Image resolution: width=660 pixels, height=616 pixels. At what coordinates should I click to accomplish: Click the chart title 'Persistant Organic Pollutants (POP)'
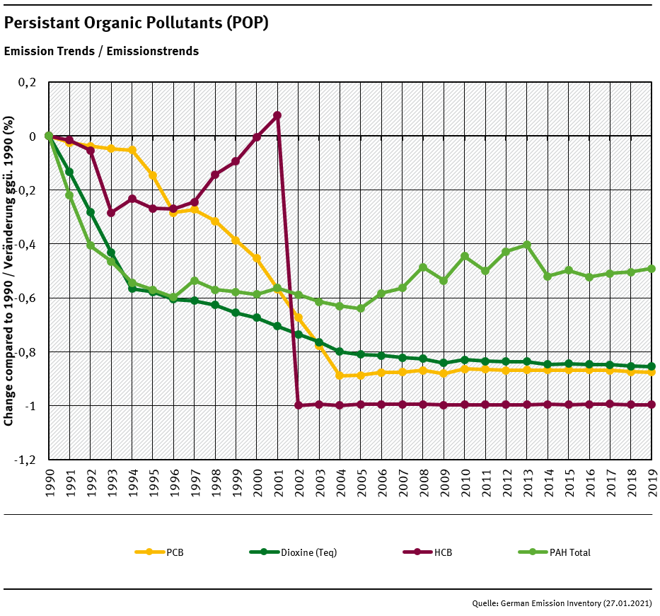137,23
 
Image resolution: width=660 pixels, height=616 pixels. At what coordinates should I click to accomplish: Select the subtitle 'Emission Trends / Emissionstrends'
101,51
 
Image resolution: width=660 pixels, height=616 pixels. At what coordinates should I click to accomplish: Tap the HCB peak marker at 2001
277,115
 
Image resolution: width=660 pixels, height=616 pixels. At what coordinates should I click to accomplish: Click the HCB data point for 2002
299,405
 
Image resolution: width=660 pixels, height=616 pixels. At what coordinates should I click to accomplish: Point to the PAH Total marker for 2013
527,245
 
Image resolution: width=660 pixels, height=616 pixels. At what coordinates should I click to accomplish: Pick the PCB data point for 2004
340,376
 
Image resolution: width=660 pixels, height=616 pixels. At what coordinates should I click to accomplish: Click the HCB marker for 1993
111,212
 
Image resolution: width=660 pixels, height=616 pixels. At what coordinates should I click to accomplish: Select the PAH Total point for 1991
69,195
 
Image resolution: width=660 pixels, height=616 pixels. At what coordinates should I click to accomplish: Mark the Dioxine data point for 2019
652,366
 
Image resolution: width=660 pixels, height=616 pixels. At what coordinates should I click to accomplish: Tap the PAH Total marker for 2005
361,308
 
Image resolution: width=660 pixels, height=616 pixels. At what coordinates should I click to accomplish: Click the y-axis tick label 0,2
27,82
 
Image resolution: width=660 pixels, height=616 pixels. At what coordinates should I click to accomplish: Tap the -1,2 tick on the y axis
25,460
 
